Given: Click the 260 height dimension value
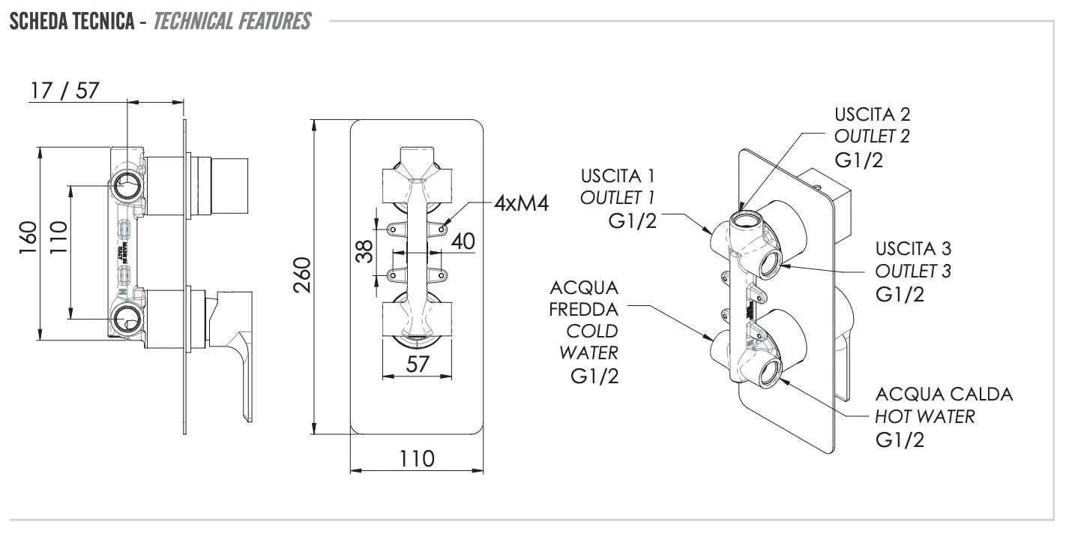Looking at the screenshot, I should tap(301, 276).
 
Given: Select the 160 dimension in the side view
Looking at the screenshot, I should tap(28, 238).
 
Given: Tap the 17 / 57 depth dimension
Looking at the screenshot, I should tap(64, 91).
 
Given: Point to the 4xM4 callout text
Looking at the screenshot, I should tap(522, 203).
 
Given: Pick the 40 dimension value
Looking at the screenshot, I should tap(463, 241).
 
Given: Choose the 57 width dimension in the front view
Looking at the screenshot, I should tap(417, 364).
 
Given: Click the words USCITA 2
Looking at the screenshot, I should tap(872, 115).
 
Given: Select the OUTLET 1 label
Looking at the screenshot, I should tap(617, 197).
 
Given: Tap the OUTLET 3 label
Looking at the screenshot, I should tap(913, 270).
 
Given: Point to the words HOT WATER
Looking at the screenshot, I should tap(925, 416).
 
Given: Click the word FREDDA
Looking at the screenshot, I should tap(584, 309).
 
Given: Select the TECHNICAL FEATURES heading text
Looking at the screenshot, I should tap(232, 20).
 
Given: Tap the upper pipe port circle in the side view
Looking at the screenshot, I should tap(127, 183).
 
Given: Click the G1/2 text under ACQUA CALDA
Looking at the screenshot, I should tap(900, 439).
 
